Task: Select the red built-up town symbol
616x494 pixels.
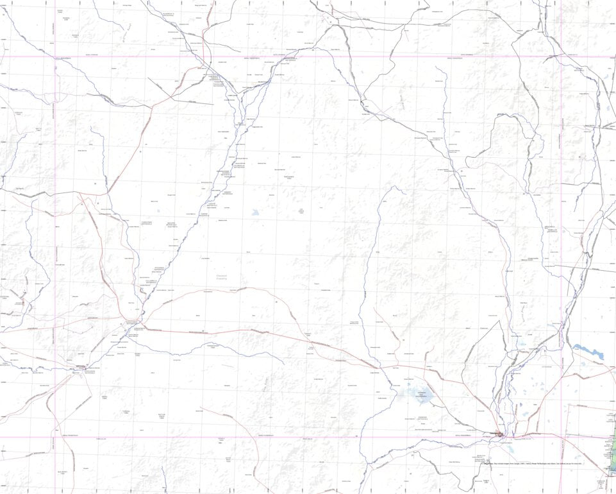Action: point(499,434)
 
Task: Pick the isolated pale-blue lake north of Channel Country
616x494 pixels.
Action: point(256,212)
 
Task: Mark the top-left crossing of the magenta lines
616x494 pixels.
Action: point(55,56)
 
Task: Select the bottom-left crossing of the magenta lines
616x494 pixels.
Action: point(55,438)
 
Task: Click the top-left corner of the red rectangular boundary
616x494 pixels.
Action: point(569,405)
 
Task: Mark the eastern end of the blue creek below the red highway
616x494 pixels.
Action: point(284,363)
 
